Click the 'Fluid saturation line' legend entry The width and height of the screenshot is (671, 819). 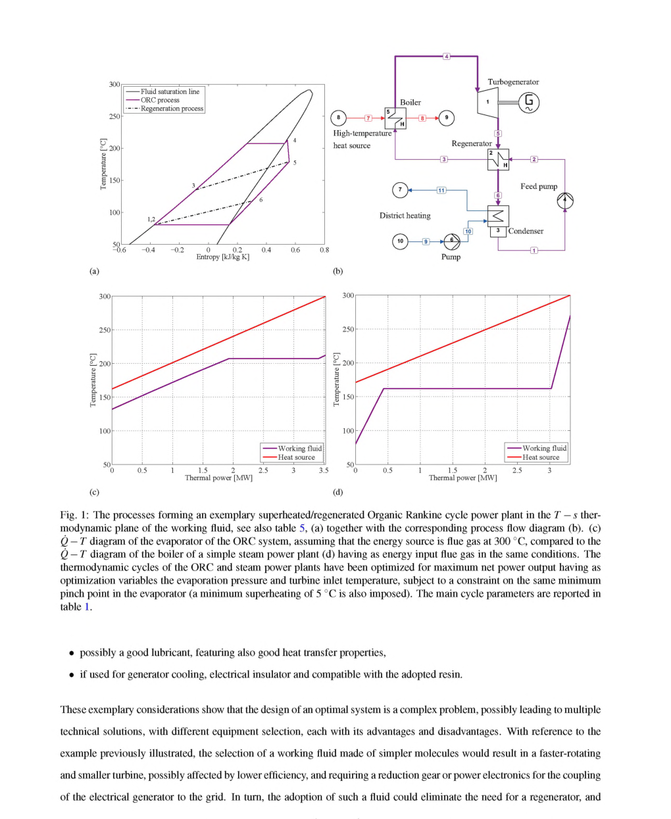[169, 91]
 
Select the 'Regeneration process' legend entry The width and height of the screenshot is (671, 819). [172, 109]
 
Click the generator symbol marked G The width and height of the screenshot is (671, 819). [529, 102]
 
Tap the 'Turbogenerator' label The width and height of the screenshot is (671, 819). [512, 82]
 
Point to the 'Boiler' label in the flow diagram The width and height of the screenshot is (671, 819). [410, 103]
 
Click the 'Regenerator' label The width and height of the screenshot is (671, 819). [471, 143]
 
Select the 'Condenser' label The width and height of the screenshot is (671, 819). [526, 231]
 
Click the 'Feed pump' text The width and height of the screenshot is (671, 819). [538, 186]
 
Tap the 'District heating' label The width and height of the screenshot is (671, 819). [405, 216]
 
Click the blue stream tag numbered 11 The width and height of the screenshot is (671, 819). [441, 190]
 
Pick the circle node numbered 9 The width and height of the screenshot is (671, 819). [447, 118]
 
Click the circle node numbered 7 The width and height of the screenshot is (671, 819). [400, 190]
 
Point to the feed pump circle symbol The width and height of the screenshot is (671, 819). [564, 201]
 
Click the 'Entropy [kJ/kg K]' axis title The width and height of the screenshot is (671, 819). [222, 257]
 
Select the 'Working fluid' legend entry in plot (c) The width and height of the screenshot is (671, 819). [299, 448]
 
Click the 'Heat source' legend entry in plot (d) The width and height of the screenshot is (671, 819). [540, 457]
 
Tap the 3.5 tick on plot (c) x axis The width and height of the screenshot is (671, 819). [323, 470]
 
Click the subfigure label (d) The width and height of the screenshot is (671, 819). [337, 491]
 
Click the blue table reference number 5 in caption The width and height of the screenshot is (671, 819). [302, 528]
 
